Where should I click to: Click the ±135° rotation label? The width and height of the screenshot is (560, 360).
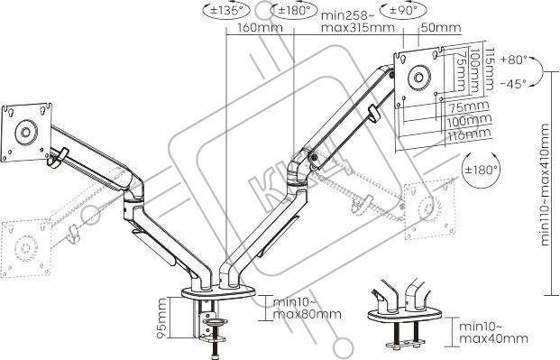pos(226,10)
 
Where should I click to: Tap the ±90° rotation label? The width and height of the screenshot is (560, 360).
pos(403,10)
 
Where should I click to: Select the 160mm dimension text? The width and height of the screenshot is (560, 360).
pos(260,27)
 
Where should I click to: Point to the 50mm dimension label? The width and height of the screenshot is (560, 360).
pos(441,27)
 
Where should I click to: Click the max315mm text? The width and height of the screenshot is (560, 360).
pos(358,27)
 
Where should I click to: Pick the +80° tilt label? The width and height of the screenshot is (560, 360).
pos(514,60)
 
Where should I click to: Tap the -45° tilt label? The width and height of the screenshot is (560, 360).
pos(513,84)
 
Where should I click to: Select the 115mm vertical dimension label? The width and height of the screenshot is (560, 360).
pos(489,69)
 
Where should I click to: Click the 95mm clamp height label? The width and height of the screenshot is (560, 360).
pos(161,318)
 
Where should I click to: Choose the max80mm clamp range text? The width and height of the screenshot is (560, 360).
pos(308,314)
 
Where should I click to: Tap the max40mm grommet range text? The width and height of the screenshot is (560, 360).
pos(493,338)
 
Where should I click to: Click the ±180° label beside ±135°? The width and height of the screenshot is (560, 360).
pos(294,10)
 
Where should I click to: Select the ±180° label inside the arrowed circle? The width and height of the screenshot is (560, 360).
pos(481,170)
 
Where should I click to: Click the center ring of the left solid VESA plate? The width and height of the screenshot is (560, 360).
pos(26,133)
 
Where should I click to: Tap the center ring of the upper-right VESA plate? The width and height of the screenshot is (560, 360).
pos(418,78)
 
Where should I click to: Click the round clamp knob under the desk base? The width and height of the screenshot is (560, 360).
pos(215,322)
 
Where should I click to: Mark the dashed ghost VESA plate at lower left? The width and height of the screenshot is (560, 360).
pos(26,248)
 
